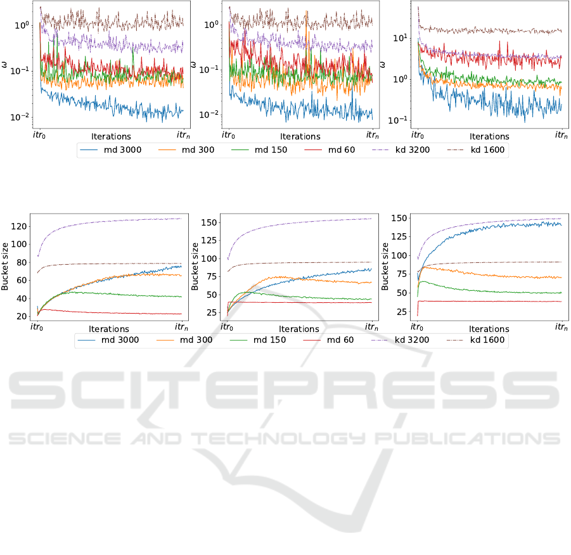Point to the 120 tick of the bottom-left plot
(22, 227)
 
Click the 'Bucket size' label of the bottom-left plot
(6, 267)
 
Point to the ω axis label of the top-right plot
(382, 65)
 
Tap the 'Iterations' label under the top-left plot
(111, 136)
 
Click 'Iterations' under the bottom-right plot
(489, 329)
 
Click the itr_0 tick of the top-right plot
(418, 135)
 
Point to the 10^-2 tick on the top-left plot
(19, 117)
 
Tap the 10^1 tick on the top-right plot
(399, 38)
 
